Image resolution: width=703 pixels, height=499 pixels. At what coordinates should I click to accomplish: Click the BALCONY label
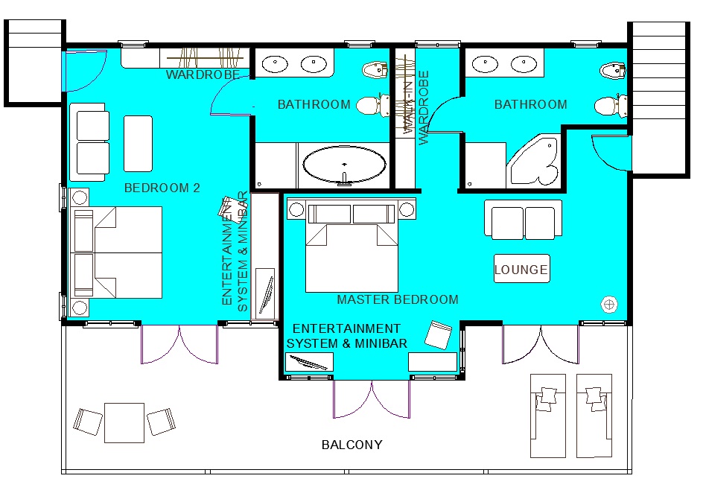tap(352, 445)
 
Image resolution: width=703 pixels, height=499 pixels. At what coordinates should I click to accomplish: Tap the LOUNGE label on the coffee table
tap(521, 270)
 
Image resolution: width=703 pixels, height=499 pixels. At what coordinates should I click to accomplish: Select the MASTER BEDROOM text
tap(398, 299)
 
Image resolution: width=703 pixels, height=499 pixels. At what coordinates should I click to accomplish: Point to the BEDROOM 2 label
tap(162, 188)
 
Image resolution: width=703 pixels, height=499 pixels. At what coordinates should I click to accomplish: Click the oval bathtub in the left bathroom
tap(344, 164)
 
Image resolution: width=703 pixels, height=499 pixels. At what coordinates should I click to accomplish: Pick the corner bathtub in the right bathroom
tap(533, 160)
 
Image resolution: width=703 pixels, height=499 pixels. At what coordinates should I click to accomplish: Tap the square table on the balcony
tap(124, 423)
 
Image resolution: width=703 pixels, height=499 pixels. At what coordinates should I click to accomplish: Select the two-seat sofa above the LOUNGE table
tap(524, 220)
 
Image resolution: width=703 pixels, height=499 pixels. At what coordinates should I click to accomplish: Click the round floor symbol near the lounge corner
tap(609, 305)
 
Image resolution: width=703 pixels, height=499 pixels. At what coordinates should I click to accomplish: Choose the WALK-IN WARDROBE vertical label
tap(416, 107)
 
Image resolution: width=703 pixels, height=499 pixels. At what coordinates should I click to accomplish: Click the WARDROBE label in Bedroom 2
tap(203, 74)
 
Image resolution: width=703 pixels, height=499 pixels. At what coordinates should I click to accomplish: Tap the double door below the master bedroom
tap(371, 399)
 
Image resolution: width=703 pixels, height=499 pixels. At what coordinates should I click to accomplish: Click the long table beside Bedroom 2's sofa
tap(138, 144)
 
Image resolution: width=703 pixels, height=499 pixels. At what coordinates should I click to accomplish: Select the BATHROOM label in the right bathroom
tap(530, 104)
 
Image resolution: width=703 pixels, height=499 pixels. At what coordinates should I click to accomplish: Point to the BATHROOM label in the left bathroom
tap(314, 104)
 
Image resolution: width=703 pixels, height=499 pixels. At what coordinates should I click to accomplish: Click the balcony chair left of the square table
tap(87, 422)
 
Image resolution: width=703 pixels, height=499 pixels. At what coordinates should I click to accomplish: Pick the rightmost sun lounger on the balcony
tap(594, 416)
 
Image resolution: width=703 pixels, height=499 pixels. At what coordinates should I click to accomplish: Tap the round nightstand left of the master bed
tap(296, 209)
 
